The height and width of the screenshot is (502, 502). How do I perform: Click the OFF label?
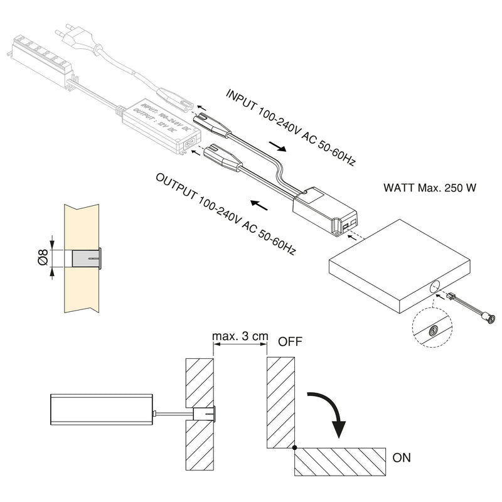tap(291, 342)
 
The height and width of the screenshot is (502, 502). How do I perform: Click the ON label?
tap(402, 457)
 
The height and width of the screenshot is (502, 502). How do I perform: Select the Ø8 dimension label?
tap(43, 259)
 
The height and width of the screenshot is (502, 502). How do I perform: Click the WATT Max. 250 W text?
tap(429, 188)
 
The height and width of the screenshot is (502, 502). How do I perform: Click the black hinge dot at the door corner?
tap(295, 447)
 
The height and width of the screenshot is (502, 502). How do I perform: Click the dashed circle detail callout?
tap(432, 326)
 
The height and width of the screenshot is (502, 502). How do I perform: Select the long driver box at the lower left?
tap(101, 417)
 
